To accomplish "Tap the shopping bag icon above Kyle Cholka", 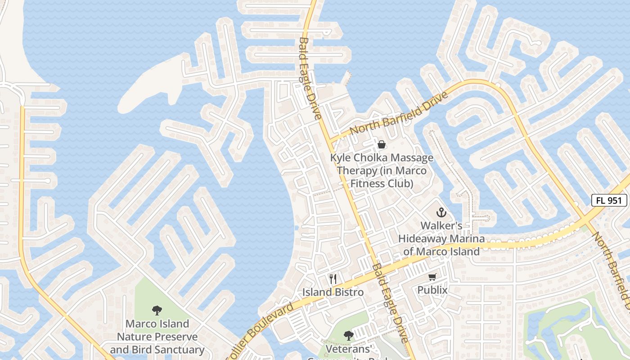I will (x=382, y=144).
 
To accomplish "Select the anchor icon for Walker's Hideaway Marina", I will (x=441, y=212).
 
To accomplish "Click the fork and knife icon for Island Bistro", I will (x=333, y=279).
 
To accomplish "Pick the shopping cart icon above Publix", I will (x=432, y=277).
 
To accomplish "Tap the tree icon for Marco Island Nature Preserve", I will (x=157, y=310).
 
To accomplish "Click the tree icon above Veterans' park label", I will (x=348, y=335).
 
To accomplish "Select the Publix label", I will (x=432, y=290).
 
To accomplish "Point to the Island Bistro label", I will (x=333, y=292).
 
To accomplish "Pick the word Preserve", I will (x=176, y=337).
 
